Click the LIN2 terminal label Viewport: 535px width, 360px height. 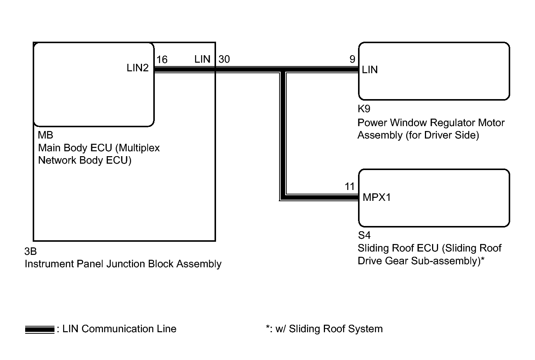click(138, 68)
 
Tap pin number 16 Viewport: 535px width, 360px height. click(162, 59)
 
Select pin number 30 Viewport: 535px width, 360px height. click(224, 59)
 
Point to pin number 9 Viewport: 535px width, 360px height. click(352, 59)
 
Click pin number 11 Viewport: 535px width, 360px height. click(349, 186)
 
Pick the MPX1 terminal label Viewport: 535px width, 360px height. click(377, 197)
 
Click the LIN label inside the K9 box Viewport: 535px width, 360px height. click(370, 70)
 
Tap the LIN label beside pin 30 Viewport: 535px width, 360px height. click(202, 59)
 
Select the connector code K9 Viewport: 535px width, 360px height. click(364, 109)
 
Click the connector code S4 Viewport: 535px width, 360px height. click(364, 235)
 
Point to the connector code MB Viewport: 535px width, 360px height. click(45, 135)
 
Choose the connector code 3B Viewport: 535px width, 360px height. click(30, 251)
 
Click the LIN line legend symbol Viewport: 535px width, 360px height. click(40, 330)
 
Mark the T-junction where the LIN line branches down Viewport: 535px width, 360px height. click(283, 70)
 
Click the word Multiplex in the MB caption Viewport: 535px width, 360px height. click(138, 148)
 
